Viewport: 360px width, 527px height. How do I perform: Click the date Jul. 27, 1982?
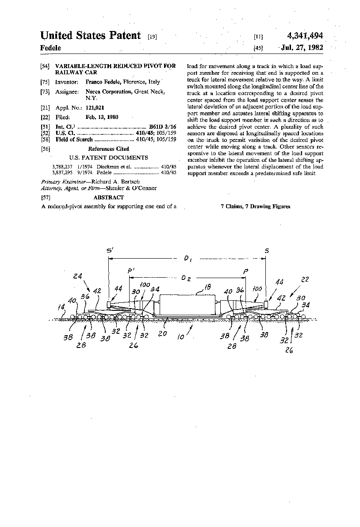click(x=302, y=47)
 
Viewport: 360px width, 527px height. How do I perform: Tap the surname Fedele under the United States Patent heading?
click(x=50, y=48)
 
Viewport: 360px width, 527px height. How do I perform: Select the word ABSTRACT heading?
click(x=109, y=198)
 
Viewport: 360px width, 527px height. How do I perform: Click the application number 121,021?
click(x=95, y=107)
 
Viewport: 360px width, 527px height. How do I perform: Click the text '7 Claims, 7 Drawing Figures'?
click(x=255, y=206)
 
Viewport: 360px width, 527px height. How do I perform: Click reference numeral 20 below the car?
click(x=163, y=334)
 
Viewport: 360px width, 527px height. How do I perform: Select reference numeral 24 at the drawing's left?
click(x=78, y=277)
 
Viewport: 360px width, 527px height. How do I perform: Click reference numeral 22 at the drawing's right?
click(x=305, y=279)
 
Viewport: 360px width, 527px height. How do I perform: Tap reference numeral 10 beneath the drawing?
click(x=181, y=336)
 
